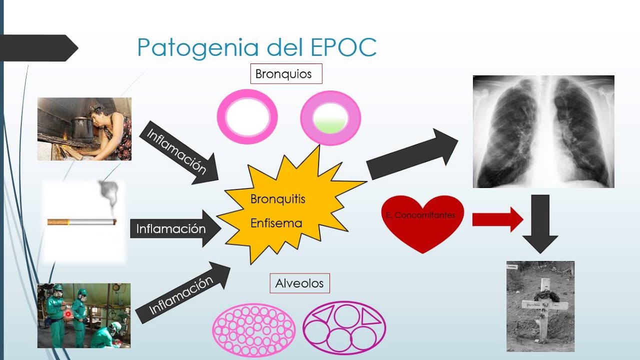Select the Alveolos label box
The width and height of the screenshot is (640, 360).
coord(299,283)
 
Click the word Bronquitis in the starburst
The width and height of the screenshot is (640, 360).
coord(277,199)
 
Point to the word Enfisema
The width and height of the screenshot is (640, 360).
coord(276,223)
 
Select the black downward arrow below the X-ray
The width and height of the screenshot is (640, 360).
coord(540,222)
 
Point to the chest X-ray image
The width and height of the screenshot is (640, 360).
coord(543,131)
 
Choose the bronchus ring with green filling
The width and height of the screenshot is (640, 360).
coord(330,118)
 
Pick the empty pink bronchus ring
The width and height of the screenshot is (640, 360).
coord(247,117)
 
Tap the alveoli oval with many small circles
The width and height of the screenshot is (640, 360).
coord(254,330)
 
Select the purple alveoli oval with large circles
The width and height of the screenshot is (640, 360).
coord(344,328)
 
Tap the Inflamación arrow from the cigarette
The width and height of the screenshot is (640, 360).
coord(175,228)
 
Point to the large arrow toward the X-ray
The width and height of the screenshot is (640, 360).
coord(412,154)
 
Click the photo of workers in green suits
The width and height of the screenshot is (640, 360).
coord(84,315)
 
